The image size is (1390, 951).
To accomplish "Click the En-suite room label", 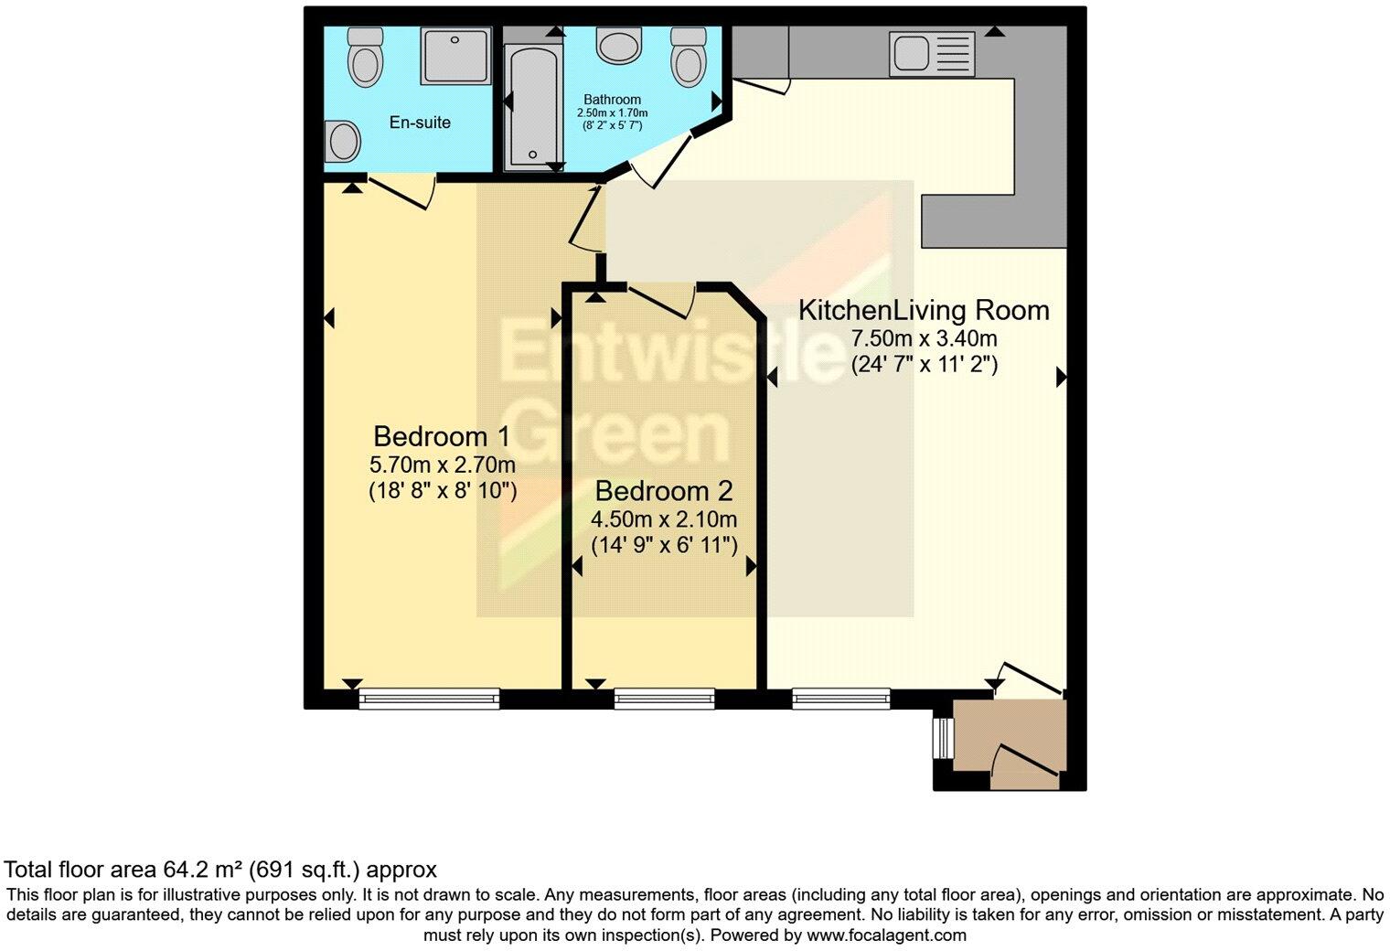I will (420, 123).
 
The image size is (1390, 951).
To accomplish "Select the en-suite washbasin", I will (344, 142).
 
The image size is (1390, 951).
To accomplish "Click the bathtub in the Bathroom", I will (527, 105).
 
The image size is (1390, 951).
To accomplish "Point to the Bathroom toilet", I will (688, 57).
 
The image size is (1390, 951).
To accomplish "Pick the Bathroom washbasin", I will (619, 44).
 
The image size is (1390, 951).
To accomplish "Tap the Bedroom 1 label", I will (441, 436).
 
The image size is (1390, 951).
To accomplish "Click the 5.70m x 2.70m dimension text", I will (443, 465).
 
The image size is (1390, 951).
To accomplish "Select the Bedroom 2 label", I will (663, 491).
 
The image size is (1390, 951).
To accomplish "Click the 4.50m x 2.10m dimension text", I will (663, 520).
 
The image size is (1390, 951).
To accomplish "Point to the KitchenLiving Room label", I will (924, 310).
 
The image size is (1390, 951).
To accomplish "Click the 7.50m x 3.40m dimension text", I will (924, 338).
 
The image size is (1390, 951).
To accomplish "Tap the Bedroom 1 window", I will (429, 700).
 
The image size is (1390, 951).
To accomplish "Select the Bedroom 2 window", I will (664, 700).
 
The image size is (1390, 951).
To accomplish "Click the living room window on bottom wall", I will (841, 699).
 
